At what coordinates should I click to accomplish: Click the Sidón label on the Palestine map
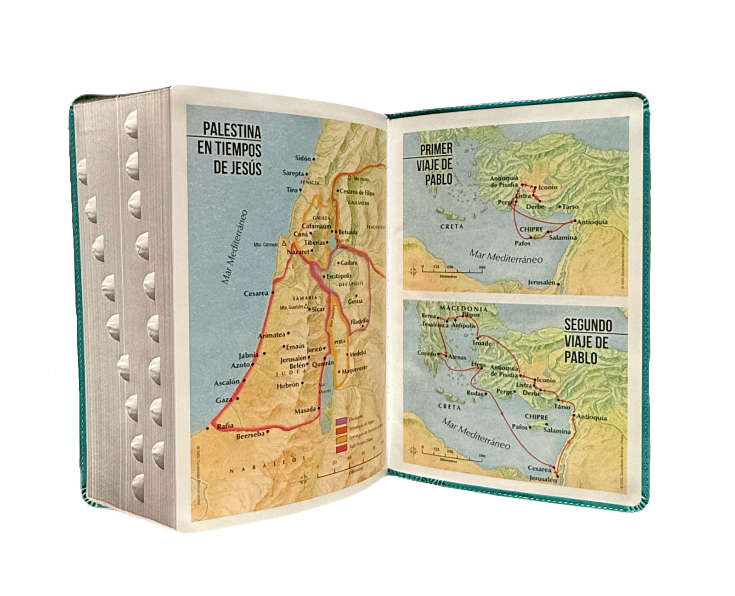pos(302,158)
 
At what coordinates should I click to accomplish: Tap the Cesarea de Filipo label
pos(356,193)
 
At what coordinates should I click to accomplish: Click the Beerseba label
pos(250,436)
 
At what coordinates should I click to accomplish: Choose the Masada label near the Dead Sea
pos(305,409)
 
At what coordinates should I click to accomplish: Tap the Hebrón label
pos(288,385)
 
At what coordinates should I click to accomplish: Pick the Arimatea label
pos(272,336)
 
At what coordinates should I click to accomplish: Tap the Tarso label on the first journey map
pos(570,207)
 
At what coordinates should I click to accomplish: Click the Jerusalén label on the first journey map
pos(542,282)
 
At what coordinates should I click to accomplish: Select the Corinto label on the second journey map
pos(426,354)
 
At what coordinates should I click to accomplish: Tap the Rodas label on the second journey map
pos(475,394)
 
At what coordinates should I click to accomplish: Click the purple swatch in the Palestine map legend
pos(341,422)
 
